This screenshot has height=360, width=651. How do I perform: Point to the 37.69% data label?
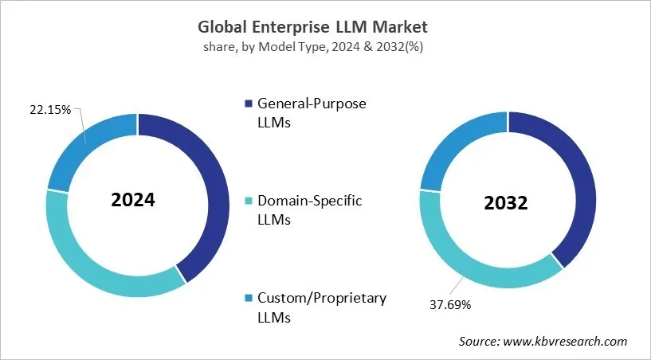click(x=450, y=303)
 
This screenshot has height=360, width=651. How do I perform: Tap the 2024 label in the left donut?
click(x=133, y=199)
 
